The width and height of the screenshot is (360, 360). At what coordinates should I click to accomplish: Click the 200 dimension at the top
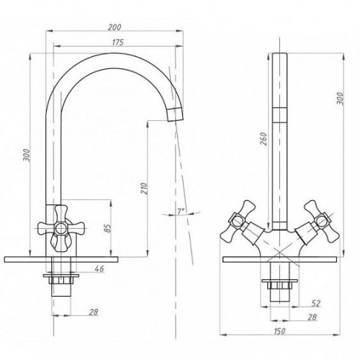[x=114, y=27]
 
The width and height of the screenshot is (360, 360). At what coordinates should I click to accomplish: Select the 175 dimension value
[x=118, y=42]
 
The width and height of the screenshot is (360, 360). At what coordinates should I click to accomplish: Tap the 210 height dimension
[x=143, y=189]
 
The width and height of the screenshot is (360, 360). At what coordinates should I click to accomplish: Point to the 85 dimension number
[x=108, y=228]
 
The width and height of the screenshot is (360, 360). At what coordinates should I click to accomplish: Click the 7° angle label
[x=181, y=211]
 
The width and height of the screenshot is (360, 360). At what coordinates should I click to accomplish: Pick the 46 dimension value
[x=99, y=269]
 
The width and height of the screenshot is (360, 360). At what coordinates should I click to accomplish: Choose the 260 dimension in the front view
[x=264, y=138]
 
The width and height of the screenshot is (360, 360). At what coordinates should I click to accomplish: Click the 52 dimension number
[x=316, y=303]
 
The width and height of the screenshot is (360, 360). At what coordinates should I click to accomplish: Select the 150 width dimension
[x=279, y=331]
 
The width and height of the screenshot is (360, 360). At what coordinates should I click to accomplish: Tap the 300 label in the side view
[x=28, y=156]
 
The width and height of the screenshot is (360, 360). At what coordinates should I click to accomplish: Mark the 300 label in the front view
[x=340, y=98]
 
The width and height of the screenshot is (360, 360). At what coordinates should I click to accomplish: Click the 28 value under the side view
[x=94, y=312]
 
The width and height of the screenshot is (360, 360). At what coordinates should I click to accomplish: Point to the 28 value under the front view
[x=312, y=318]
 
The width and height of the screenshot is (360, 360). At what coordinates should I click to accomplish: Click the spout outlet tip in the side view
[x=176, y=114]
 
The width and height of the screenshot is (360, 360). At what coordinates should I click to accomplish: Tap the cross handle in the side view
[x=61, y=228]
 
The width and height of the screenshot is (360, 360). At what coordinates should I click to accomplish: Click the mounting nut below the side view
[x=61, y=278]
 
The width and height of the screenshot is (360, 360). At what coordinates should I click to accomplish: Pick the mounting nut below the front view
[x=279, y=284]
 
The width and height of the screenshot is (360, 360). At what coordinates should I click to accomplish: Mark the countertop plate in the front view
[x=279, y=259]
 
